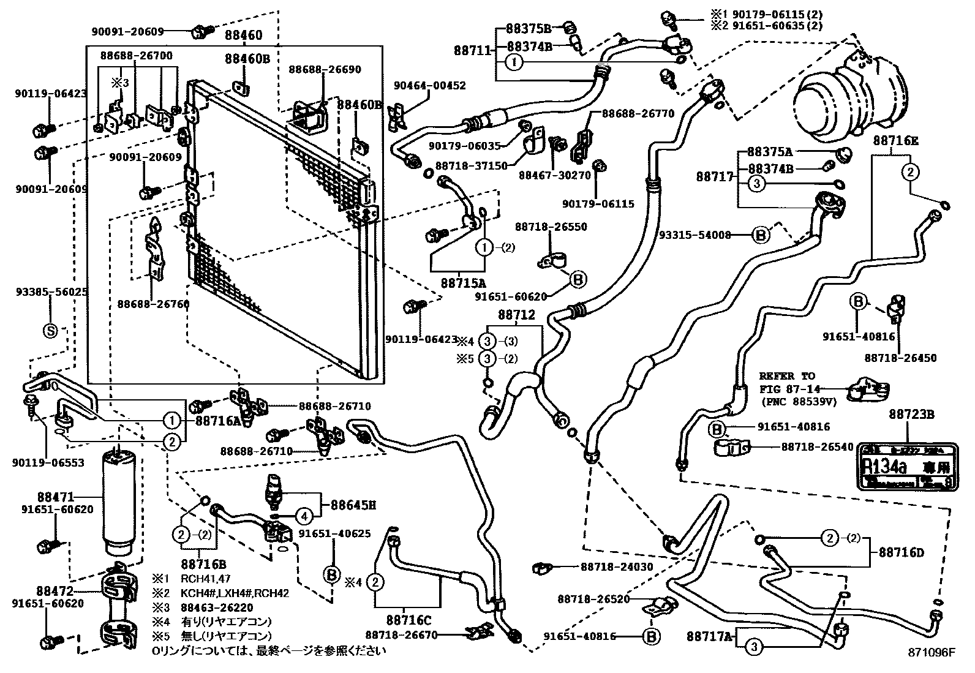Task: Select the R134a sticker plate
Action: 905,465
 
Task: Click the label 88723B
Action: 911,415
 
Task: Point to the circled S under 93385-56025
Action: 50,331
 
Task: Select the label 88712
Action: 516,315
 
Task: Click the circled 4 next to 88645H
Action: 304,516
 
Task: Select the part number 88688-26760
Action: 153,303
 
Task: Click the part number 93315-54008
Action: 695,235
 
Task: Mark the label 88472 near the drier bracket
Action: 55,591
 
